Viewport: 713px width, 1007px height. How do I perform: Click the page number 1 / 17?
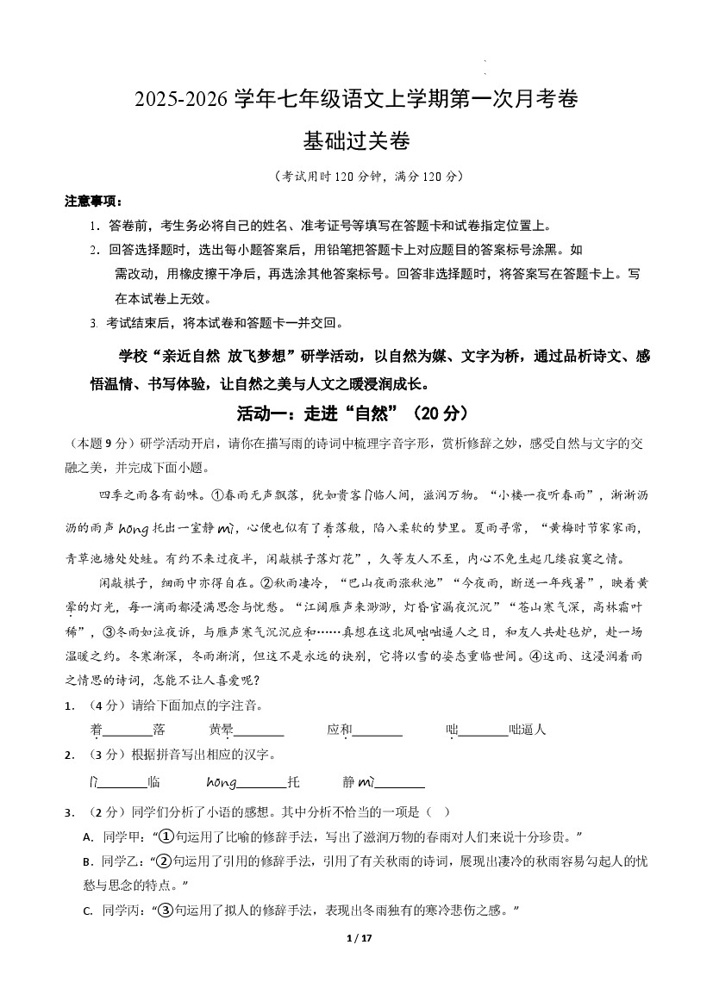[358, 938]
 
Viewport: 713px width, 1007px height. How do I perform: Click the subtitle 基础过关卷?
[356, 140]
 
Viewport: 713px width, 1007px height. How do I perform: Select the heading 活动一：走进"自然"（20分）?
[354, 413]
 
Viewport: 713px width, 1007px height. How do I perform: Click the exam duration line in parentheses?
[358, 177]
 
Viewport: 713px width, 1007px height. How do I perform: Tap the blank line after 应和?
[378, 731]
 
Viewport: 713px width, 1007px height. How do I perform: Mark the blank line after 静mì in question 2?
[401, 783]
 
